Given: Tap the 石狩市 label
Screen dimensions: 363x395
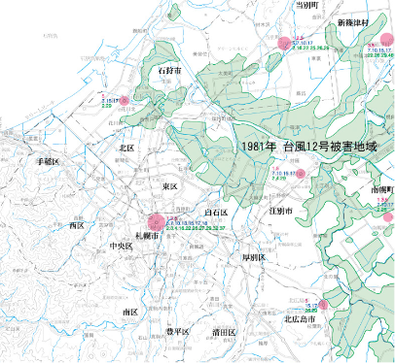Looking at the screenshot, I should point(171,71).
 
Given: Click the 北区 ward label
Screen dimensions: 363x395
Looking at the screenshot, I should point(126,148).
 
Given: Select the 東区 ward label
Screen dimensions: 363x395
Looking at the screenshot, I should point(170,185).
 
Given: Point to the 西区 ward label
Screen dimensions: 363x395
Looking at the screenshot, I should point(77,225).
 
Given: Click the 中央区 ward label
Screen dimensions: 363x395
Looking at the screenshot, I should point(122,247).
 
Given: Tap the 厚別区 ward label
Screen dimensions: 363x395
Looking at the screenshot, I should point(254,257).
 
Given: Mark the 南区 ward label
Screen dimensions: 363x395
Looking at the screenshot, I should point(129,313).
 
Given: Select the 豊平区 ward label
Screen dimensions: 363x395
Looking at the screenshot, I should point(176,332).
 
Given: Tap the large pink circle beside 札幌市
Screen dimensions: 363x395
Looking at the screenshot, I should point(154,222).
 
